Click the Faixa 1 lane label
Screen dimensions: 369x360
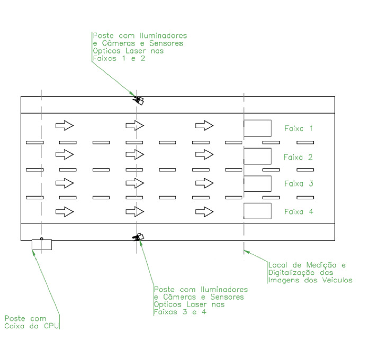tap(299, 128)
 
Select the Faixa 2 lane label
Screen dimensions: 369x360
tap(298, 157)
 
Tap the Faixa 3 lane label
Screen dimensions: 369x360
tap(299, 183)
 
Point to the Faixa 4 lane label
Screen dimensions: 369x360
tap(299, 211)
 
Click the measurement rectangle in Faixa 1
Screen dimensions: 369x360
tap(271, 128)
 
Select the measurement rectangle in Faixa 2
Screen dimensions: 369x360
tap(271, 156)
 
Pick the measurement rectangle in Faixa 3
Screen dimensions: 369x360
tap(271, 184)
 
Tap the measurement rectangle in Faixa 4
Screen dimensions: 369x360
tap(271, 211)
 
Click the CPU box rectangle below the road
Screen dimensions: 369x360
tap(32, 245)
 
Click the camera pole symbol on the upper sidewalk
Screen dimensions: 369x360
tap(139, 100)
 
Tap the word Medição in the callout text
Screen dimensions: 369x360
tap(322, 265)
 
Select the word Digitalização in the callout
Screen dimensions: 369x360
tap(292, 273)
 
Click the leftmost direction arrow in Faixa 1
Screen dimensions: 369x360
tap(64, 125)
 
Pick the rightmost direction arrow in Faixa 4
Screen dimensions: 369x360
tap(204, 212)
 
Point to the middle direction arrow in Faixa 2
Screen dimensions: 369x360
tap(135, 154)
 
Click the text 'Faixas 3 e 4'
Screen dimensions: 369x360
tap(180, 312)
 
